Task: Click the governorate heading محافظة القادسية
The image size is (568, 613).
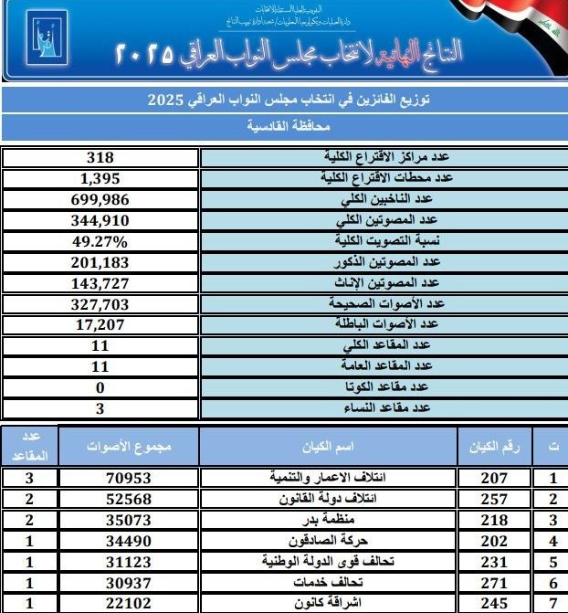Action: coord(284,126)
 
